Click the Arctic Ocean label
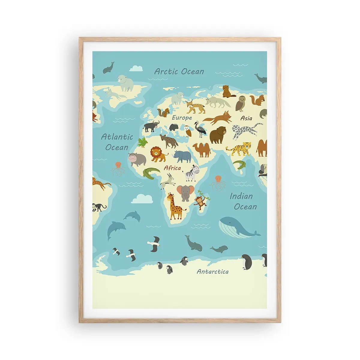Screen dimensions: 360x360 pos(179,71)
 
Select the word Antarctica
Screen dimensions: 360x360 pos(212,272)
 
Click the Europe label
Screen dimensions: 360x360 pos(182,118)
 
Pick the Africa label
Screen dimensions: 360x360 pos(172,168)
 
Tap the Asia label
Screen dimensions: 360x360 pos(246,118)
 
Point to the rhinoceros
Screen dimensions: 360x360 pos(183,156)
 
